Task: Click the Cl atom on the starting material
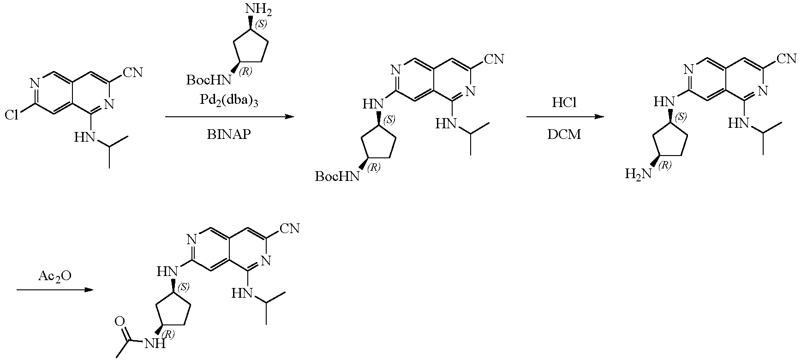(x=12, y=115)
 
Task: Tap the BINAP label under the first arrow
(x=229, y=134)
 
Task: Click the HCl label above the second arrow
(x=565, y=102)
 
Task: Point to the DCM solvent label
(x=565, y=134)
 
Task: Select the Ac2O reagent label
(x=55, y=276)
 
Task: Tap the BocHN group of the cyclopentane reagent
(x=209, y=80)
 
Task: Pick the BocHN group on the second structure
(x=337, y=177)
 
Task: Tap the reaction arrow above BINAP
(x=229, y=117)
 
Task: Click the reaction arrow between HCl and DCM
(x=565, y=117)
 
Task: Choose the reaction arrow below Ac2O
(x=55, y=290)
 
